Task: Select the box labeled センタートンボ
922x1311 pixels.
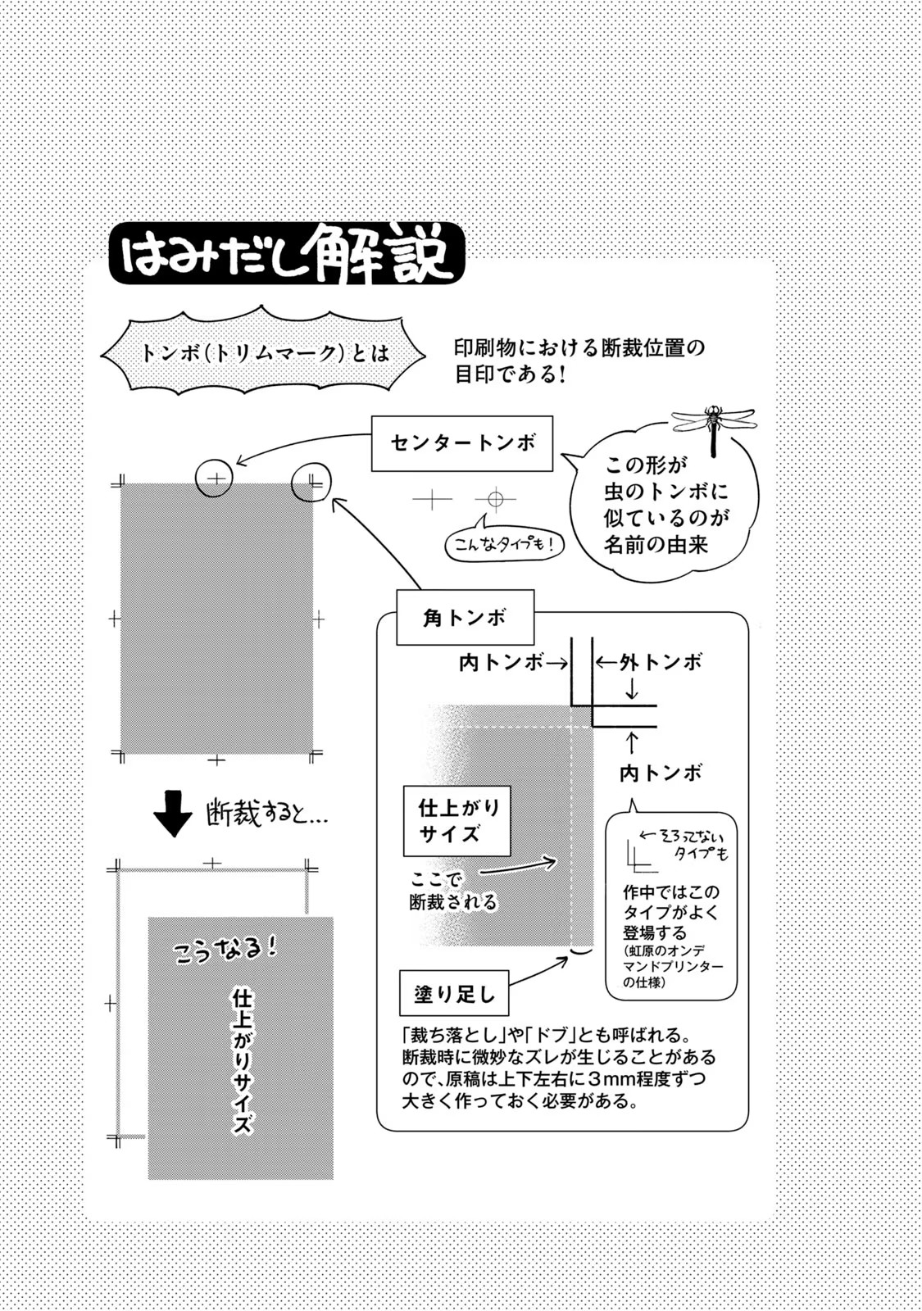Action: coord(462,443)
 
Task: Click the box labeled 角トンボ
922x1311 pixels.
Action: coord(465,618)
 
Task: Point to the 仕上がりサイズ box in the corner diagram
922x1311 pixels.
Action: coord(456,821)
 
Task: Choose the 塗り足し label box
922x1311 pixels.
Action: coord(454,995)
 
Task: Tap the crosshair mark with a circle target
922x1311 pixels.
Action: coord(495,498)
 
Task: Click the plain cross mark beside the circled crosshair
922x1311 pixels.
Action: coord(432,498)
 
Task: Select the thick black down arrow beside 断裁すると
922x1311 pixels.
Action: coord(172,813)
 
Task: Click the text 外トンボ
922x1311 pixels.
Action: coord(661,662)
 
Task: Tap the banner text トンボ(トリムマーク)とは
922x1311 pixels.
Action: coord(264,353)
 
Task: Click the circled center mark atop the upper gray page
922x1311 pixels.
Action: coord(215,478)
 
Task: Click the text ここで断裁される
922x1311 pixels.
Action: coord(452,891)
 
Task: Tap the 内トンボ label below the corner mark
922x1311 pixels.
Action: coord(660,773)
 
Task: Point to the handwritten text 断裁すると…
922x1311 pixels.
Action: coord(266,814)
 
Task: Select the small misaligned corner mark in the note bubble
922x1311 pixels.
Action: coord(639,855)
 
